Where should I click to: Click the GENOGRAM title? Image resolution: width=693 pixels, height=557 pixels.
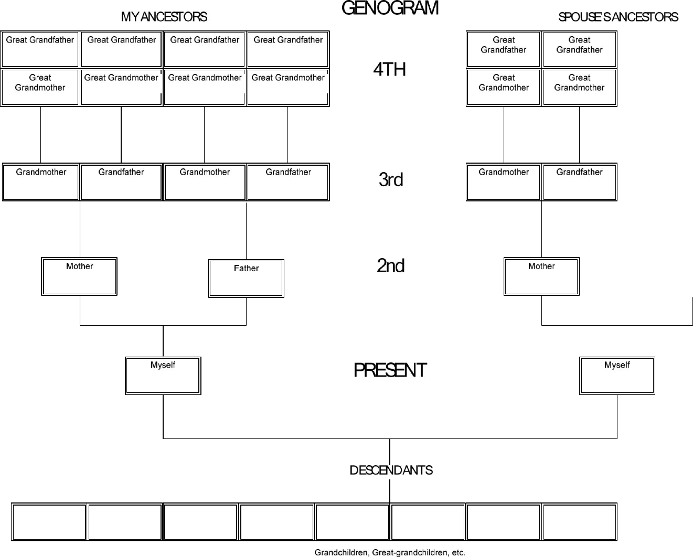point(390,8)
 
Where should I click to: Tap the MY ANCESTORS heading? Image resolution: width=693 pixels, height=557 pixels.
point(164,17)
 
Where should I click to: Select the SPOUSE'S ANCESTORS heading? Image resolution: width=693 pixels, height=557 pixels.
point(618,17)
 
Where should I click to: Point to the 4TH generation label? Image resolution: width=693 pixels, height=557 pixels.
point(389,69)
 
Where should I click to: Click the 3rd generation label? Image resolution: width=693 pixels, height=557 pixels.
point(391,179)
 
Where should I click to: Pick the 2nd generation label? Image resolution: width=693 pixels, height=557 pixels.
point(390,266)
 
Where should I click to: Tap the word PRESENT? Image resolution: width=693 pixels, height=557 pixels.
point(390,370)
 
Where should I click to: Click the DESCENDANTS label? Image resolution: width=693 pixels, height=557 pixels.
point(391,470)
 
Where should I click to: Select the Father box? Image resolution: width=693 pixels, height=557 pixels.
point(246,278)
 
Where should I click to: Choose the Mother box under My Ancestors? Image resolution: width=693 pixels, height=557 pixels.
point(79,276)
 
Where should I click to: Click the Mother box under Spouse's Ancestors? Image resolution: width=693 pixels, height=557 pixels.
point(541,276)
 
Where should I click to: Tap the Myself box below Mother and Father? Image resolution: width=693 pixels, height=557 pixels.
point(163,376)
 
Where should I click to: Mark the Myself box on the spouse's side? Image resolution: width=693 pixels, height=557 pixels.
point(617,376)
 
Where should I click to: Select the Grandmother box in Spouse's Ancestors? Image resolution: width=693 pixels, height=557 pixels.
point(504,182)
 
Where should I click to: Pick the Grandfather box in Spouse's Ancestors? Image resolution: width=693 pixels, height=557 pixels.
point(579,182)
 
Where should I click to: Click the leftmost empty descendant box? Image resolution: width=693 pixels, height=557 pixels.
point(49,522)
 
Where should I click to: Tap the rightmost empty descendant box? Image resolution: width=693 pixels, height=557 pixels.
point(579,522)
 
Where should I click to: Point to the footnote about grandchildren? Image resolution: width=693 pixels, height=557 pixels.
point(390,552)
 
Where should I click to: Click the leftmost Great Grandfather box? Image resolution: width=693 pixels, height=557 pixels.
point(40,49)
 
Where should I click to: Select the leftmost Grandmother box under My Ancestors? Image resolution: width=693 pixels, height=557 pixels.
point(41,182)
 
